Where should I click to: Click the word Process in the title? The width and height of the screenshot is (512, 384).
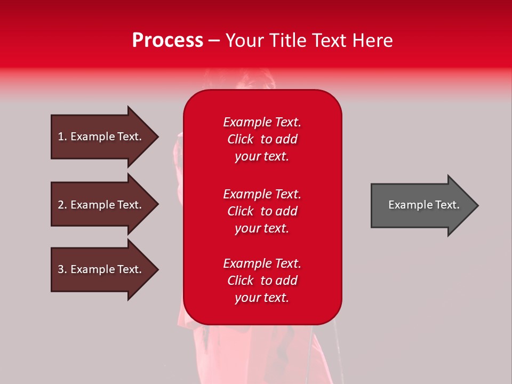click(x=168, y=41)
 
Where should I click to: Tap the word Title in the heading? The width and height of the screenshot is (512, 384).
click(x=289, y=40)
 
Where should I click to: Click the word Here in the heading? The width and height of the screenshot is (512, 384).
click(x=372, y=40)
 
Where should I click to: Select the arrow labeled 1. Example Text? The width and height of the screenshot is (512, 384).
click(x=105, y=137)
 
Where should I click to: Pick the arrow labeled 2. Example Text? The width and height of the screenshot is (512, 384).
click(x=105, y=204)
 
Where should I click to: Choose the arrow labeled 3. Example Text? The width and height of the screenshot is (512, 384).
click(x=105, y=270)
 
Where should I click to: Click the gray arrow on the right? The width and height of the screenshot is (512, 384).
click(x=425, y=205)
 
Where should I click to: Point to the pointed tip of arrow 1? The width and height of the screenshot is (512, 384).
click(x=159, y=137)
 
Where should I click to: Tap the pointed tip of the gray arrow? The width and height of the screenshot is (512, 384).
click(x=479, y=205)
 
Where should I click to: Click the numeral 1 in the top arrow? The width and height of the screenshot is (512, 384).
click(x=61, y=137)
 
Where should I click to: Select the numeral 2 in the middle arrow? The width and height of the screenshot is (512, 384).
click(x=61, y=205)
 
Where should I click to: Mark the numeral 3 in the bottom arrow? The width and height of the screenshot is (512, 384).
click(x=61, y=269)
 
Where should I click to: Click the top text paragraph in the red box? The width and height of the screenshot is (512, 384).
click(x=262, y=139)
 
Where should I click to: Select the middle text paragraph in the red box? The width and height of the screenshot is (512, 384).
click(x=262, y=211)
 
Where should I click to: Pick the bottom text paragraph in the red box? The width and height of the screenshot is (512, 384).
click(x=262, y=280)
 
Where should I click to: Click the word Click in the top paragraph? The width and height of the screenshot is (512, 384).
click(x=241, y=139)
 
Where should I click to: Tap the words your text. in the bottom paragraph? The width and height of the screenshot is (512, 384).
click(x=262, y=298)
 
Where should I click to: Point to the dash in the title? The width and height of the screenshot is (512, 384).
click(x=214, y=41)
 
